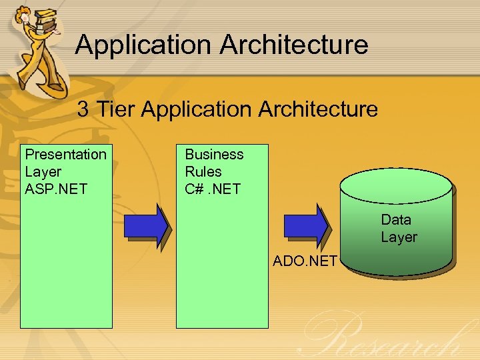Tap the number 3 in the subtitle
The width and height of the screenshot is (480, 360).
(x=83, y=109)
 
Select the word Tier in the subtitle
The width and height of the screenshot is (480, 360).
(x=116, y=109)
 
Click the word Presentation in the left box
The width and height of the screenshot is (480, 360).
(x=65, y=155)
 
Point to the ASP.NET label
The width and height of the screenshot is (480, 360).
(x=56, y=189)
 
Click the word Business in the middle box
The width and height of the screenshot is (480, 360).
(x=214, y=155)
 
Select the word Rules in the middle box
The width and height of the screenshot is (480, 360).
(x=203, y=171)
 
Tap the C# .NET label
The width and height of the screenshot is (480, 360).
(x=212, y=189)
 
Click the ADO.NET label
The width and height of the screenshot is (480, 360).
(x=305, y=261)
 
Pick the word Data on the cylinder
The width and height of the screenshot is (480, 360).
(x=396, y=219)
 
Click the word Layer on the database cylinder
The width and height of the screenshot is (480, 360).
(x=399, y=237)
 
